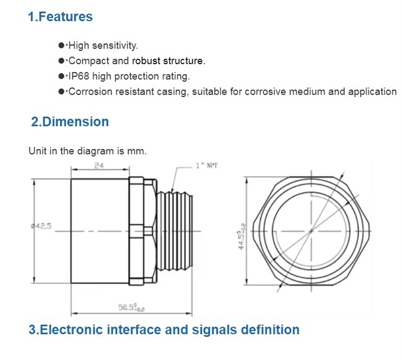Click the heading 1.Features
click(60, 17)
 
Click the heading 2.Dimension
click(70, 122)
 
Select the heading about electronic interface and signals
click(164, 330)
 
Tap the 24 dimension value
click(99, 166)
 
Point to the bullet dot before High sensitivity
click(61, 45)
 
